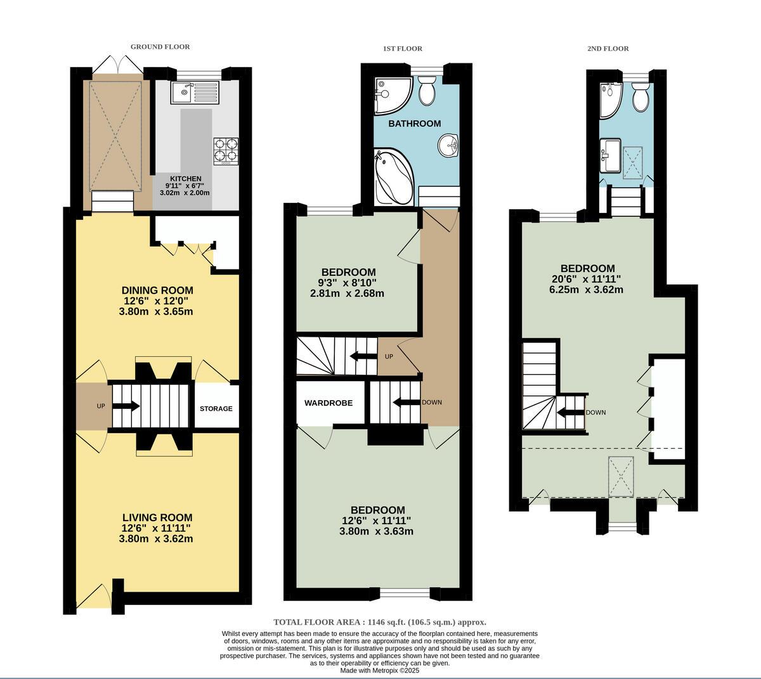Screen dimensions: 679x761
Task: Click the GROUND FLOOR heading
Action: (x=160, y=47)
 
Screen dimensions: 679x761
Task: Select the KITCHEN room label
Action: (x=186, y=179)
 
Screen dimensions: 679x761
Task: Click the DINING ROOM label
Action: (x=157, y=290)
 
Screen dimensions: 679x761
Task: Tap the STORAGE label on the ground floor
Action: (x=216, y=409)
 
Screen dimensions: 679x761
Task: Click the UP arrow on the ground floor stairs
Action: (x=127, y=406)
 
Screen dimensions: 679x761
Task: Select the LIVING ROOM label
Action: (x=157, y=517)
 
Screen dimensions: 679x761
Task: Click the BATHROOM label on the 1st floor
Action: (x=415, y=124)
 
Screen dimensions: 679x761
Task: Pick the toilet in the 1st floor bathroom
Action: (x=427, y=91)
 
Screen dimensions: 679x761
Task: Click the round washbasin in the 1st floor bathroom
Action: (x=448, y=145)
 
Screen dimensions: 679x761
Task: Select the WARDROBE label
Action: (x=328, y=403)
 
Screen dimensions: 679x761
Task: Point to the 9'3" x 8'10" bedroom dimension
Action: (x=348, y=283)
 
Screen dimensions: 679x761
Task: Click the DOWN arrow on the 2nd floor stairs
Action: (x=570, y=412)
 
